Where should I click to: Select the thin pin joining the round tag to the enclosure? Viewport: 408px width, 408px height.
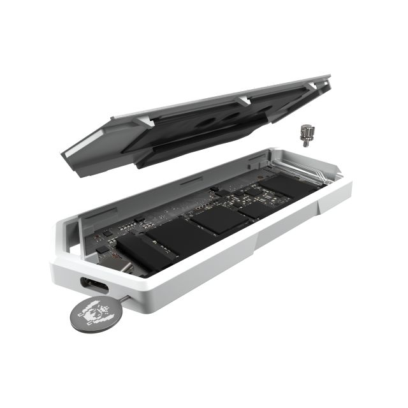pos(119,294)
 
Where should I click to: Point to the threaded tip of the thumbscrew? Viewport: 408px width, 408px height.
pos(306,144)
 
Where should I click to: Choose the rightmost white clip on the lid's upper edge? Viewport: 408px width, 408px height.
pos(310,85)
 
